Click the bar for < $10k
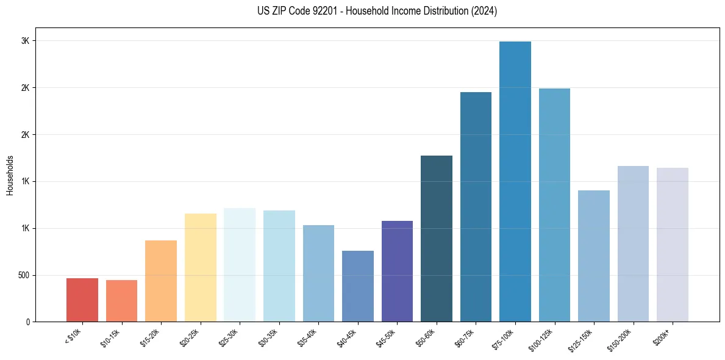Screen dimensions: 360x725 tap(82, 300)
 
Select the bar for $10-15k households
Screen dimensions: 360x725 tap(121, 301)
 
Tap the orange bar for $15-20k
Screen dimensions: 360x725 tap(161, 281)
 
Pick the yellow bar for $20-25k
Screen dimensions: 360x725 tap(201, 267)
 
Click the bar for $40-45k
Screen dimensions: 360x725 tap(358, 286)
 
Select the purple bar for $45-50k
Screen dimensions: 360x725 tap(397, 271)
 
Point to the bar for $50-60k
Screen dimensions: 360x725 tap(437, 239)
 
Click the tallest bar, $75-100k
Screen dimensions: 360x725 tap(515, 181)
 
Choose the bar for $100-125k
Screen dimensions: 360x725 tap(554, 205)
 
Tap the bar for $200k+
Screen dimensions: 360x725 tap(673, 245)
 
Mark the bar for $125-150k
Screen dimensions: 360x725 tap(594, 256)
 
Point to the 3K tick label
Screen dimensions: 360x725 tap(26, 41)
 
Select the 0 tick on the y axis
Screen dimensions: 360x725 tap(27, 322)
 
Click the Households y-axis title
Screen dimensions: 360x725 tap(10, 175)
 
